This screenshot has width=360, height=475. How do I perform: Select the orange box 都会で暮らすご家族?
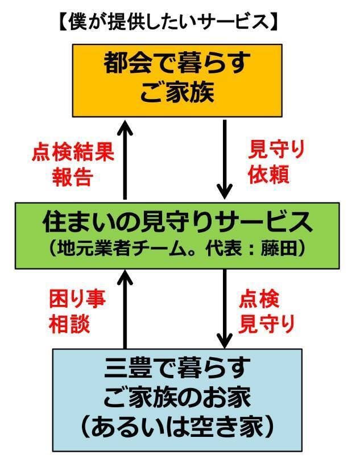tap(177, 80)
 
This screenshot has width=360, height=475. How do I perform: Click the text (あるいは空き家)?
tap(177, 426)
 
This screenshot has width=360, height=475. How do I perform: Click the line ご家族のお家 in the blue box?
tap(177, 398)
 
